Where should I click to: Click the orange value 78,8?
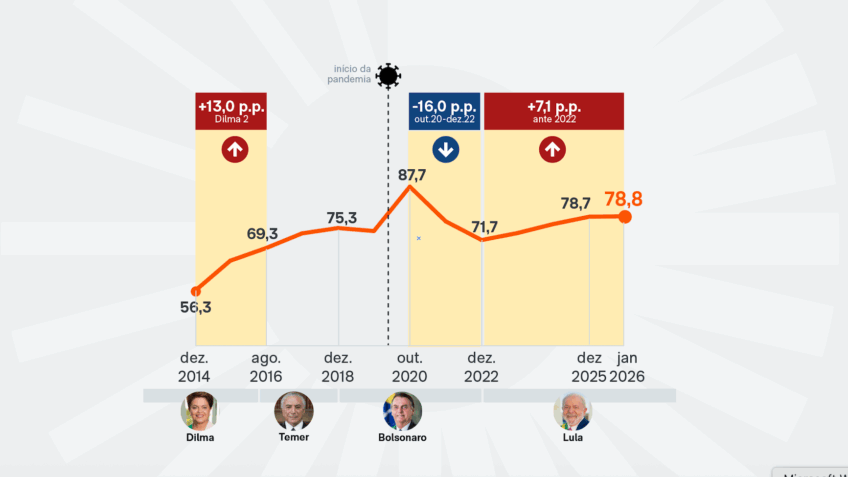(622, 199)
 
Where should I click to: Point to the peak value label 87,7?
(412, 175)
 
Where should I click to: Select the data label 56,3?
(195, 308)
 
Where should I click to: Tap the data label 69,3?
(262, 234)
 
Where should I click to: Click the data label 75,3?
(341, 218)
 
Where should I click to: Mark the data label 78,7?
(575, 203)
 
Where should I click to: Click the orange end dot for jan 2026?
(625, 217)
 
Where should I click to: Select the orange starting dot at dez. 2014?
(196, 291)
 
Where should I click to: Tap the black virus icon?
(388, 76)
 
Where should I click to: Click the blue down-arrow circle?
(445, 150)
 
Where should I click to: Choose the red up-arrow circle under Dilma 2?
(236, 150)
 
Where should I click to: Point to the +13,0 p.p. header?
(231, 111)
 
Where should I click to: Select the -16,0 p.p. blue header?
(444, 111)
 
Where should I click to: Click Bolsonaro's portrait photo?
(402, 410)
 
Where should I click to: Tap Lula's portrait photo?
(572, 410)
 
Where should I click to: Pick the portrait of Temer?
(294, 410)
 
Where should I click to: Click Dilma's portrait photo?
(200, 410)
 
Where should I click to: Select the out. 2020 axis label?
(410, 367)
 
